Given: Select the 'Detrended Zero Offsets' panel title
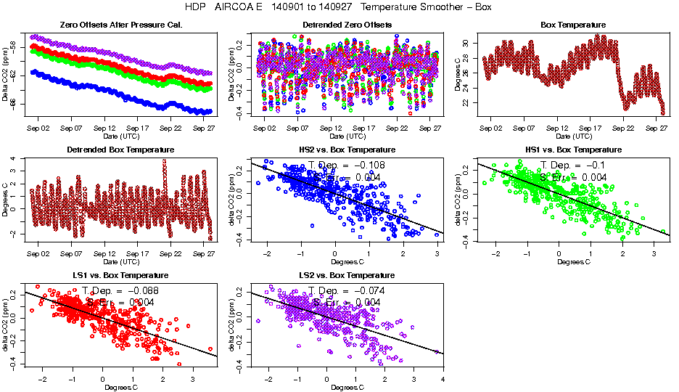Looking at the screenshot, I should tap(339, 25).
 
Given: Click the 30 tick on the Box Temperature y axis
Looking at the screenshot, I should tap(466, 44).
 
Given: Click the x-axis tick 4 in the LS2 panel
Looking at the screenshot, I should tap(443, 379).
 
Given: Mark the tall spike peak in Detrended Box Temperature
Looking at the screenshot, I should tap(164, 161).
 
